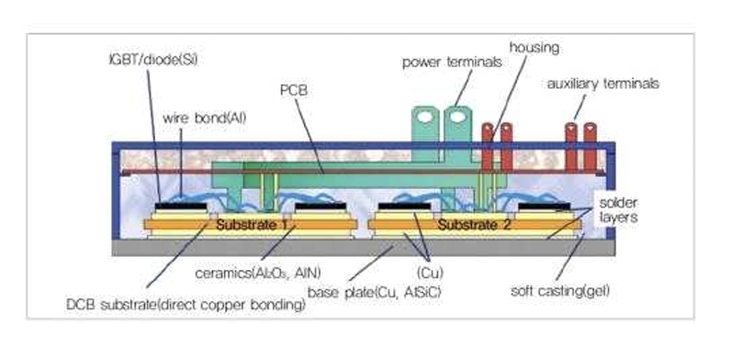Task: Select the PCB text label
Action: [x=294, y=92]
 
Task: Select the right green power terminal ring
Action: [x=455, y=118]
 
